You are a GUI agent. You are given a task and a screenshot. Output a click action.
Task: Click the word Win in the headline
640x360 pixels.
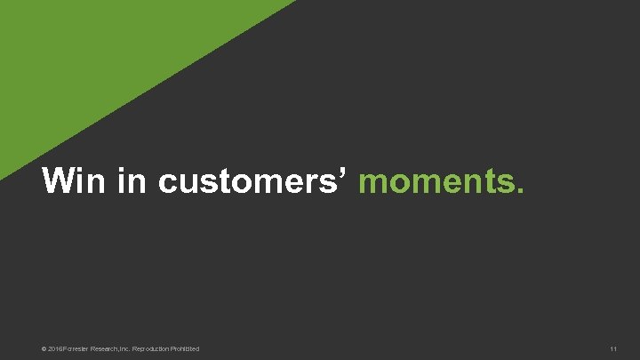[70, 181]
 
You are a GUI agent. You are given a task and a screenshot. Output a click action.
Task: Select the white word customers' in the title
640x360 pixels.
[253, 182]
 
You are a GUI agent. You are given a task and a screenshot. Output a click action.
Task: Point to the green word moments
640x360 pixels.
[441, 182]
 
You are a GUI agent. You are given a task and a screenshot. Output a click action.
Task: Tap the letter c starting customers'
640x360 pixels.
[168, 184]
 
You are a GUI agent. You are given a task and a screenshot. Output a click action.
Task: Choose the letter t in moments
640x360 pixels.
[486, 183]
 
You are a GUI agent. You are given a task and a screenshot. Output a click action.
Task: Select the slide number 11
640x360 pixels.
[613, 348]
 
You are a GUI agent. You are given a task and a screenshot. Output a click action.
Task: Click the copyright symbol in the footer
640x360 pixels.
[44, 348]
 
